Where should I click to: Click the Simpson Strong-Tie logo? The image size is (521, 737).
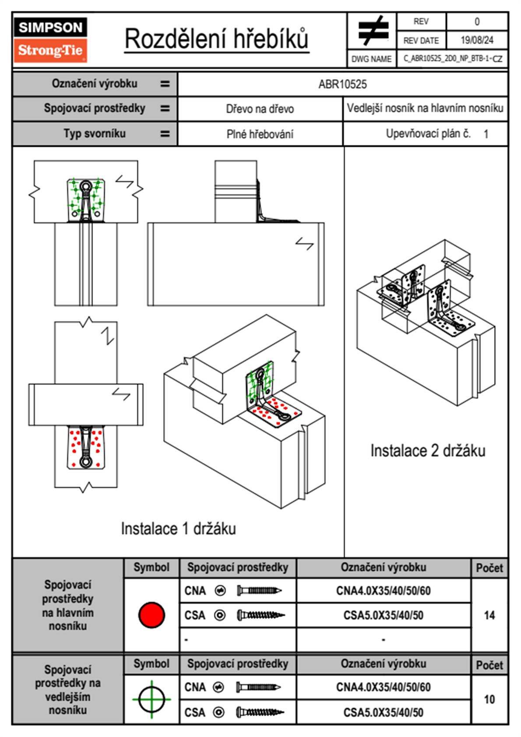50,40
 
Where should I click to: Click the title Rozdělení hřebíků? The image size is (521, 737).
217,39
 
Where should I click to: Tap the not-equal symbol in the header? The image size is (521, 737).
372,31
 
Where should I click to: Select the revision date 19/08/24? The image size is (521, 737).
477,40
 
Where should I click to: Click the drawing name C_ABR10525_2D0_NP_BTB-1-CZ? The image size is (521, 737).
453,58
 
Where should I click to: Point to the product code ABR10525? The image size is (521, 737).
342,85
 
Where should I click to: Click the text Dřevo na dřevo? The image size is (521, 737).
260,109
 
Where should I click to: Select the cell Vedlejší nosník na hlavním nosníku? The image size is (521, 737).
425,108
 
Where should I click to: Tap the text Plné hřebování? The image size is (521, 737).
260,134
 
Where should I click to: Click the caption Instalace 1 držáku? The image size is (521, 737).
178,529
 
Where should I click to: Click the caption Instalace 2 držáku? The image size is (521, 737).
428,451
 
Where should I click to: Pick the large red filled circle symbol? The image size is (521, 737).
151,615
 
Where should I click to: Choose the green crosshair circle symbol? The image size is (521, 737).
151,699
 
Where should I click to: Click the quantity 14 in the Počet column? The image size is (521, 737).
489,615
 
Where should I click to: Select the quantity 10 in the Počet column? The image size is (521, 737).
489,699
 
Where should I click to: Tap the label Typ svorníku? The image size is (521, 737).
95,134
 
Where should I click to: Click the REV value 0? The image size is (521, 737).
477,21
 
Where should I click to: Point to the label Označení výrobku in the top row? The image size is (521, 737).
95,84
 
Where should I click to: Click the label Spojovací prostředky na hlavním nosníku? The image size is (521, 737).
68,605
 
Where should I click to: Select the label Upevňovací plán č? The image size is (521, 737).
428,134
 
